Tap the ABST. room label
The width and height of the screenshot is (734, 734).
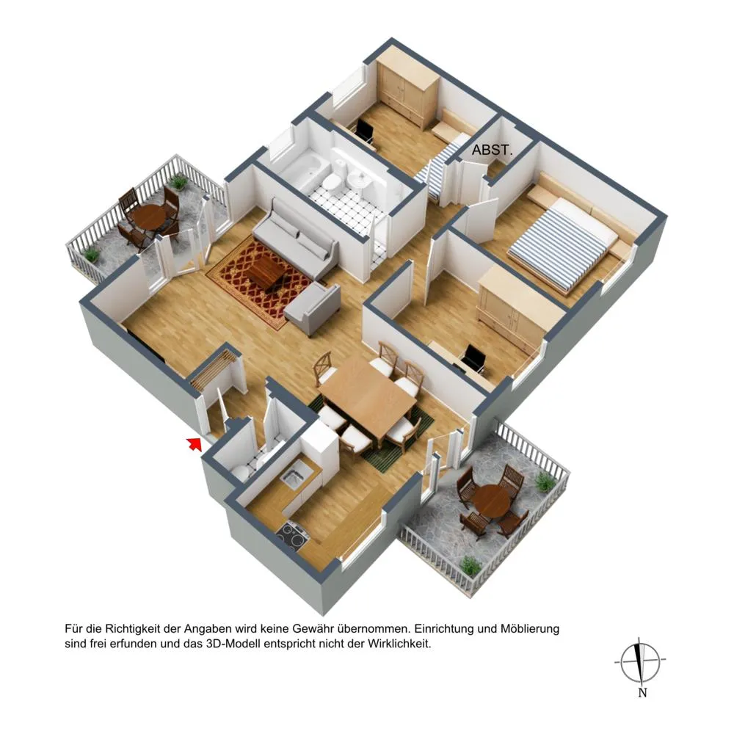(x=492, y=150)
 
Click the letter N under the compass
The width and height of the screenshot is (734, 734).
(x=642, y=693)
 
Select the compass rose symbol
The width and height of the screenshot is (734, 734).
(x=640, y=662)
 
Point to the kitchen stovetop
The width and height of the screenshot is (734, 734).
(x=293, y=535)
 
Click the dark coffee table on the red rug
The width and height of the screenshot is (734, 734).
(x=266, y=271)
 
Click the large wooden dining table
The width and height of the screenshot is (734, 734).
(x=367, y=393)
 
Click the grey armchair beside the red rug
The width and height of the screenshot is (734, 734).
(x=313, y=308)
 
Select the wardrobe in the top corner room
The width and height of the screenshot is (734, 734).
(x=407, y=89)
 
